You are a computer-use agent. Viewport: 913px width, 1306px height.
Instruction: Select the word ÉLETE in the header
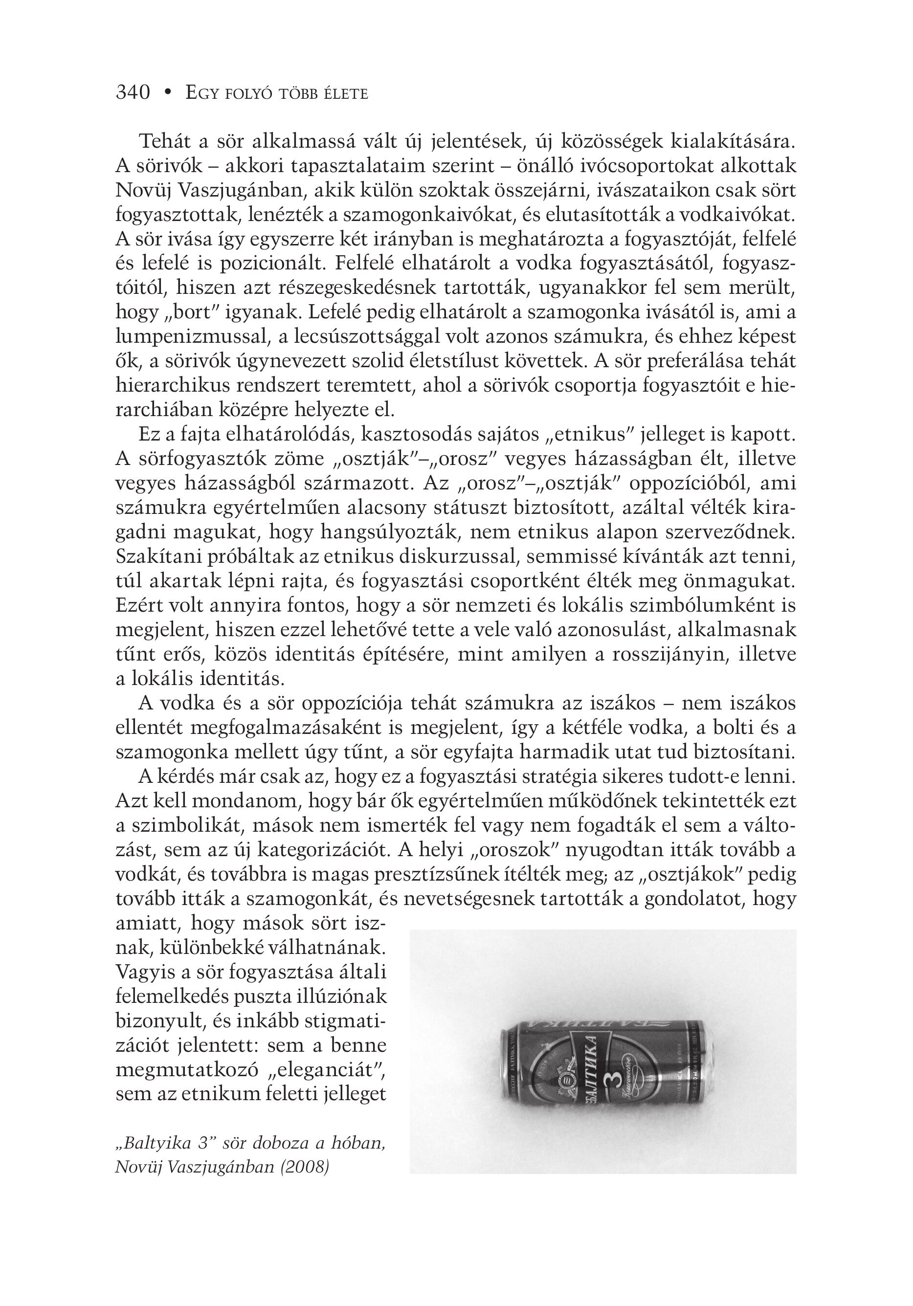(345, 93)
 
